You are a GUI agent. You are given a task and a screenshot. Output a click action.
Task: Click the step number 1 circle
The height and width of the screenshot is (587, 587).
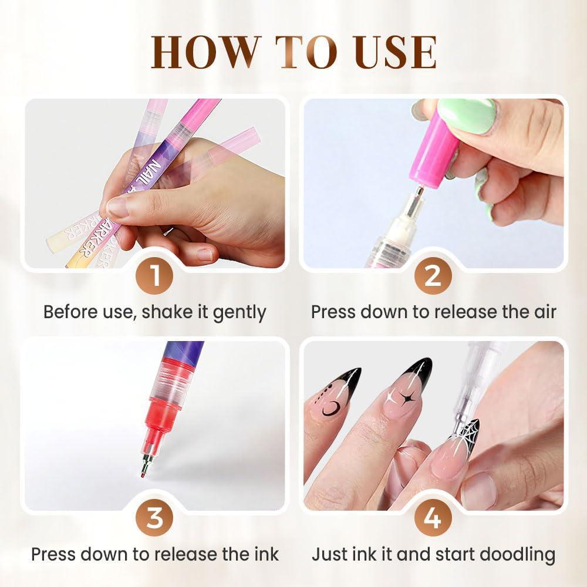pos(155,276)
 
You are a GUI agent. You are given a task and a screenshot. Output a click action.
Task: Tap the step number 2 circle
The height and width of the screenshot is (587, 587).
pos(433,276)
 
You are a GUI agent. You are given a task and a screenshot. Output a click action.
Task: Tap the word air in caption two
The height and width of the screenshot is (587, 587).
pos(542,312)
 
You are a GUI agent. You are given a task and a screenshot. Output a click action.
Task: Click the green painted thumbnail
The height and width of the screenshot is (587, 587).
pos(467,116)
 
